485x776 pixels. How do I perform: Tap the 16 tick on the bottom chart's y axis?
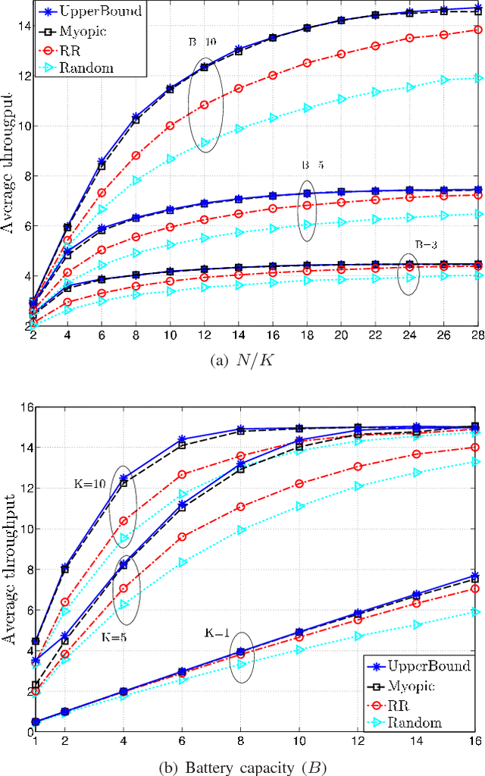[22, 408]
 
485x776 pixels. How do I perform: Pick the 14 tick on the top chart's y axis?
[23, 27]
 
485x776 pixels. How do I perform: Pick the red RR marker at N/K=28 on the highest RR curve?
[476, 30]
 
